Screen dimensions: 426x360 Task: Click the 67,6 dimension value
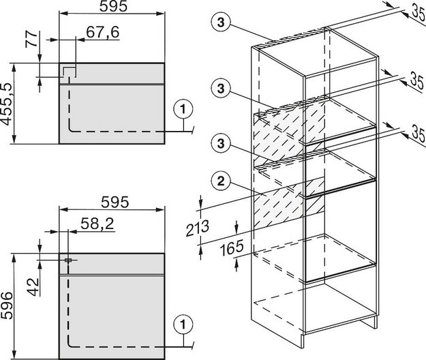103,32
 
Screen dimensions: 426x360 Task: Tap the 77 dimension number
31,40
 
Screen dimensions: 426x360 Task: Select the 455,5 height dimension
7,104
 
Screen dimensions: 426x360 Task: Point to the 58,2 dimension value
97,224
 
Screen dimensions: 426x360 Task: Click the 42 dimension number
33,287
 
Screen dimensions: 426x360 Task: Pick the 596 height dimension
7,305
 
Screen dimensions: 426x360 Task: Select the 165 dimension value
232,248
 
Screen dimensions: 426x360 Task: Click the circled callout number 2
221,181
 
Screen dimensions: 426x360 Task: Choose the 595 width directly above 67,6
113,7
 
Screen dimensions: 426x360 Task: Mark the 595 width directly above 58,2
115,202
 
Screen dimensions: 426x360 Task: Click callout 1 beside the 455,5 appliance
183,109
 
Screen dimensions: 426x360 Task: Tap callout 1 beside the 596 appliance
183,325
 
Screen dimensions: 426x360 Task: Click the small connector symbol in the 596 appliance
68,260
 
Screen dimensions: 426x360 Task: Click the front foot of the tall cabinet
304,341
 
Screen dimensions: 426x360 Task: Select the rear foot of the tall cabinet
375,322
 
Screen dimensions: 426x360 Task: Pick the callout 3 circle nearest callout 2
221,142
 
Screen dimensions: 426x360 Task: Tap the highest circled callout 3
221,22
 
